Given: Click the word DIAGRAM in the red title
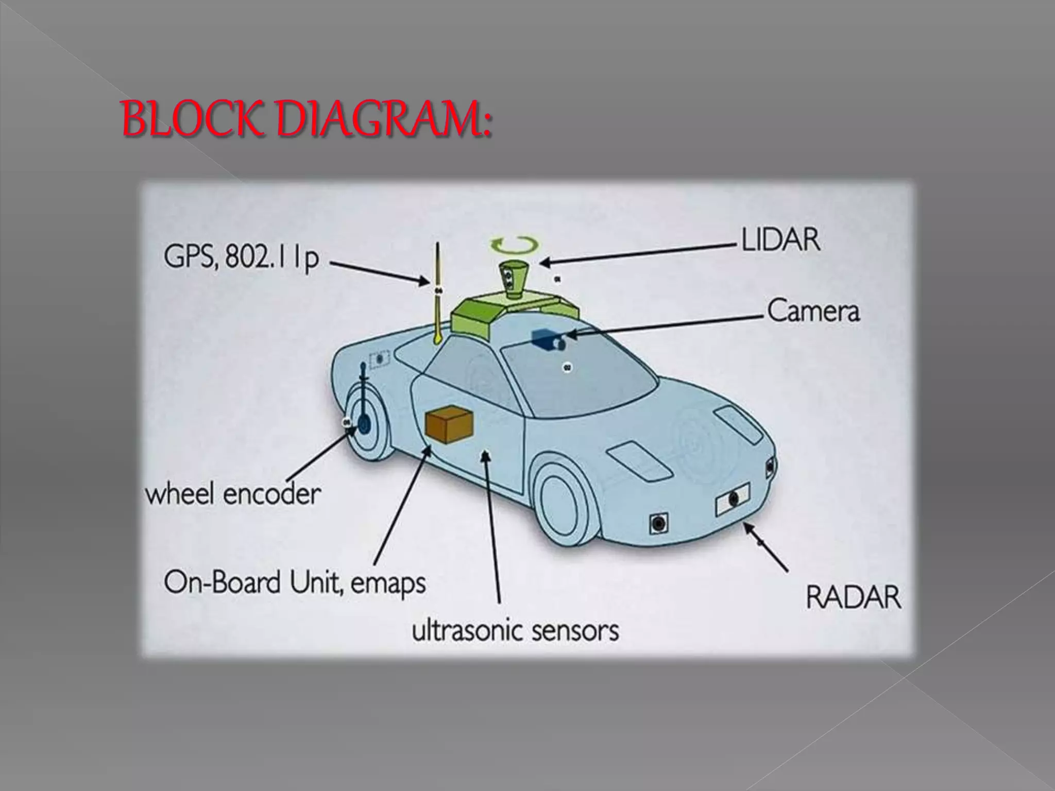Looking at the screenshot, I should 384,120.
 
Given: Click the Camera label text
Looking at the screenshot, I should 813,312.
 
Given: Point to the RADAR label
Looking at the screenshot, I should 853,598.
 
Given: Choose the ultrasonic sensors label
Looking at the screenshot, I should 515,630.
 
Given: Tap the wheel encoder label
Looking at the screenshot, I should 233,494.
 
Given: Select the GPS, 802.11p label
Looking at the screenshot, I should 241,259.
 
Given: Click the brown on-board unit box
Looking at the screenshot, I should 449,424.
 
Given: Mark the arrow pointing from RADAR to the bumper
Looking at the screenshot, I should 765,547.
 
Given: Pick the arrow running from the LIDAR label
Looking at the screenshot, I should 639,254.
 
